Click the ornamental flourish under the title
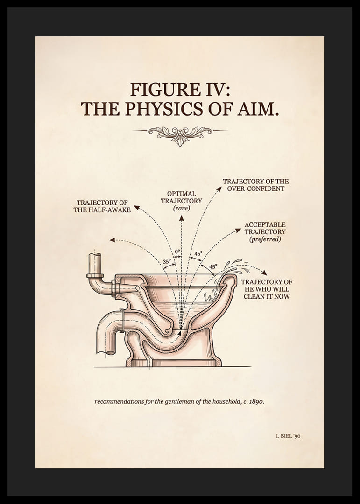click(180, 134)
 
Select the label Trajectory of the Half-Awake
click(102, 206)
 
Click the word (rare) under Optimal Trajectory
click(182, 208)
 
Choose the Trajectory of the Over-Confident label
click(256, 185)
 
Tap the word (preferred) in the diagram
click(265, 239)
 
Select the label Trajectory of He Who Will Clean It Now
click(267, 289)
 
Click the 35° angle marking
click(167, 262)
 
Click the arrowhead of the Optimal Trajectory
click(182, 218)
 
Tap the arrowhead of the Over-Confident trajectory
click(219, 189)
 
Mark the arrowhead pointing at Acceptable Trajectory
click(238, 230)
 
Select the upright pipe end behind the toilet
click(95, 264)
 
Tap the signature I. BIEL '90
click(288, 436)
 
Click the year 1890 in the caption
click(256, 401)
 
